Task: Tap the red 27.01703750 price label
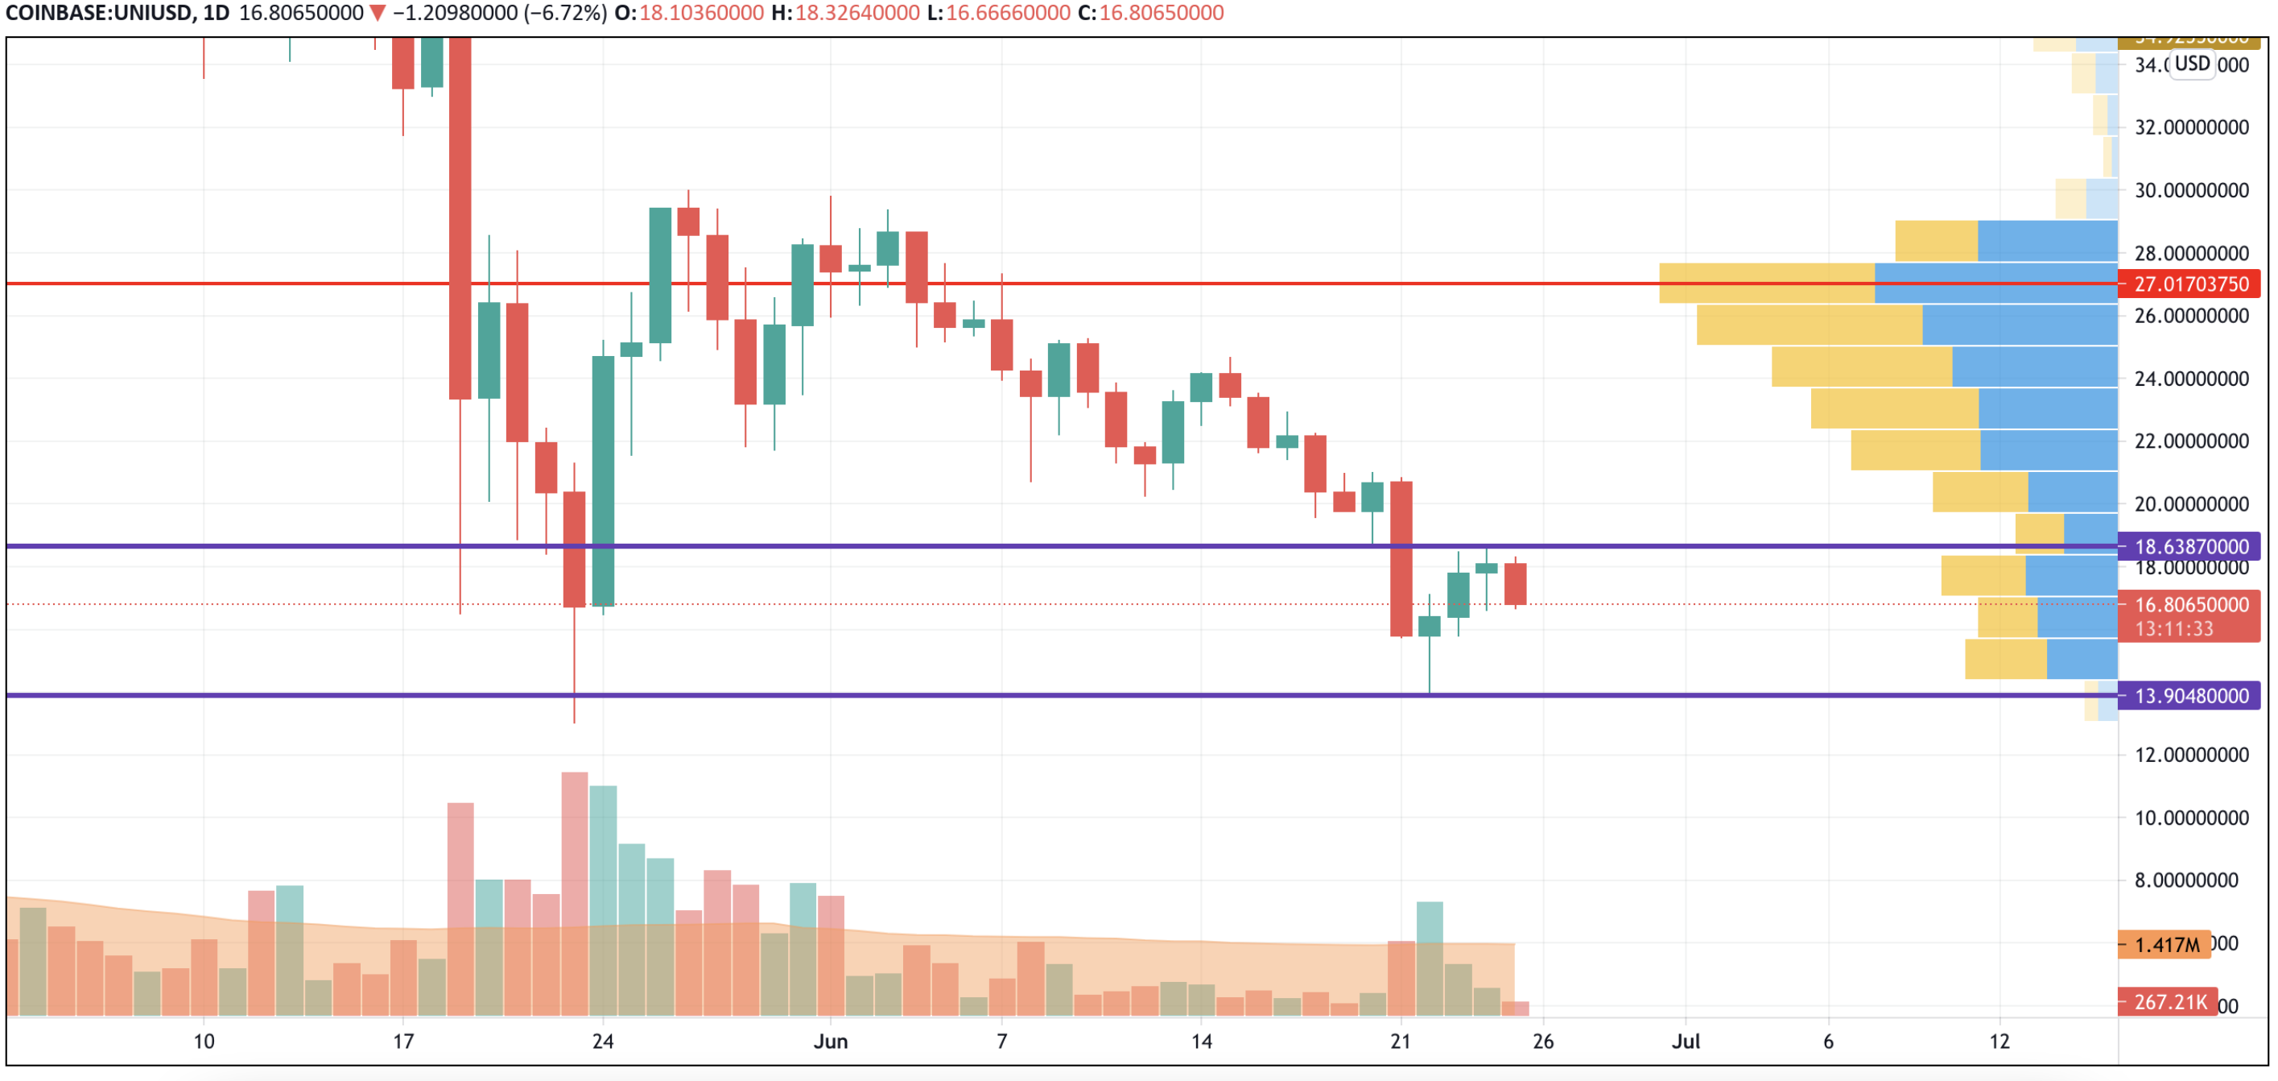point(2190,284)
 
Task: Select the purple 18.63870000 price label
point(2190,547)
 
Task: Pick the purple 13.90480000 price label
point(2190,696)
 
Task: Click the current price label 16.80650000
point(2190,605)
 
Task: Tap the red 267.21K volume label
point(2169,1002)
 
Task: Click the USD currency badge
point(2192,64)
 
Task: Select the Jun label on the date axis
point(831,1042)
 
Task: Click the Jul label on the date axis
point(1686,1042)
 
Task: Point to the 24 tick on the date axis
point(602,1042)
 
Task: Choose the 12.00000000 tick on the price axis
point(2190,755)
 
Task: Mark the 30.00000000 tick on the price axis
point(2190,190)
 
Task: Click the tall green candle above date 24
point(603,480)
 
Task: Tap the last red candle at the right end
point(1515,584)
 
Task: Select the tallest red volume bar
point(574,893)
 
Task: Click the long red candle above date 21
point(1401,558)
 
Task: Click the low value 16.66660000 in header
point(1007,13)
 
